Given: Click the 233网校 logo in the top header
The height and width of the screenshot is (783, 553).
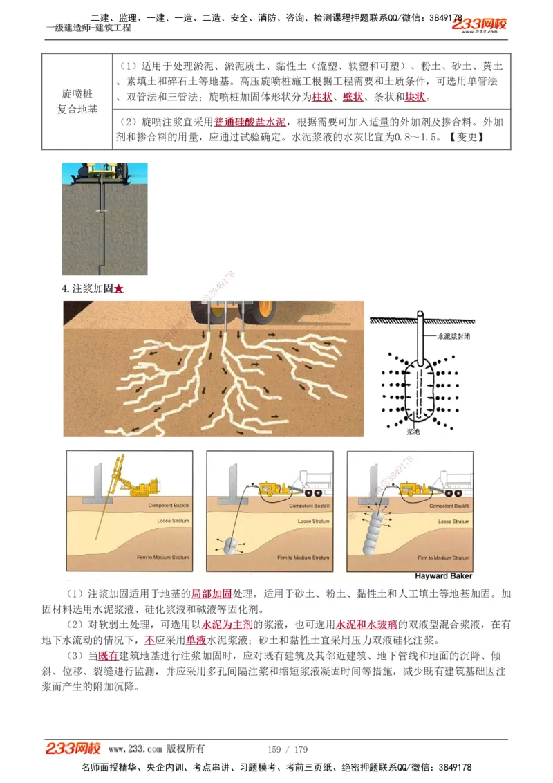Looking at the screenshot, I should [480, 25].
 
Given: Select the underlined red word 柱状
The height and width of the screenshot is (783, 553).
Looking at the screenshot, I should [323, 97].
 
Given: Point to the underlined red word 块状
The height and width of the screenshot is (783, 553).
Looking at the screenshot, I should [415, 97].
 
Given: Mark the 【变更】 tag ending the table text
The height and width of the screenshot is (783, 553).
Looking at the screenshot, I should [466, 136].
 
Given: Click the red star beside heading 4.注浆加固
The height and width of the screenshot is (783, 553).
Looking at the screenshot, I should [119, 289].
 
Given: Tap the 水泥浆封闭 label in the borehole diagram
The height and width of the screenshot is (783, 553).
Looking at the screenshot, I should [452, 335].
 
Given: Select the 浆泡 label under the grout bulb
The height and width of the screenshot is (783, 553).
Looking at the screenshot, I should [413, 430].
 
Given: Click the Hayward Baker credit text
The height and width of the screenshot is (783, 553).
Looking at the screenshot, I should [443, 575].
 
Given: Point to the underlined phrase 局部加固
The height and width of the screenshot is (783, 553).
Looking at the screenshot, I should [212, 593].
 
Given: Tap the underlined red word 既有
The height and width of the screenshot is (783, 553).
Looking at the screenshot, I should [109, 655].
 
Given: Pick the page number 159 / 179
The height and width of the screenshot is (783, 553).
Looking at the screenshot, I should [288, 749].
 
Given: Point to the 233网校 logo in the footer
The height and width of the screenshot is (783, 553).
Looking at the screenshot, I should [73, 748].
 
